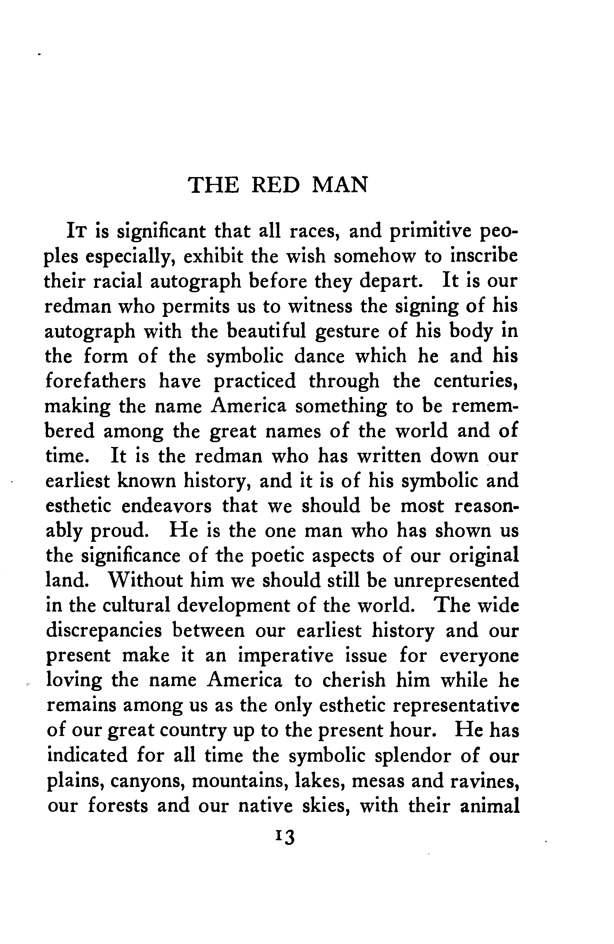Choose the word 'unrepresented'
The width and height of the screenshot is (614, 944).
point(456,581)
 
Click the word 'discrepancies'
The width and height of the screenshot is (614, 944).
point(104,631)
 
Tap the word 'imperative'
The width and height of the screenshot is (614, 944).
point(285,656)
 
